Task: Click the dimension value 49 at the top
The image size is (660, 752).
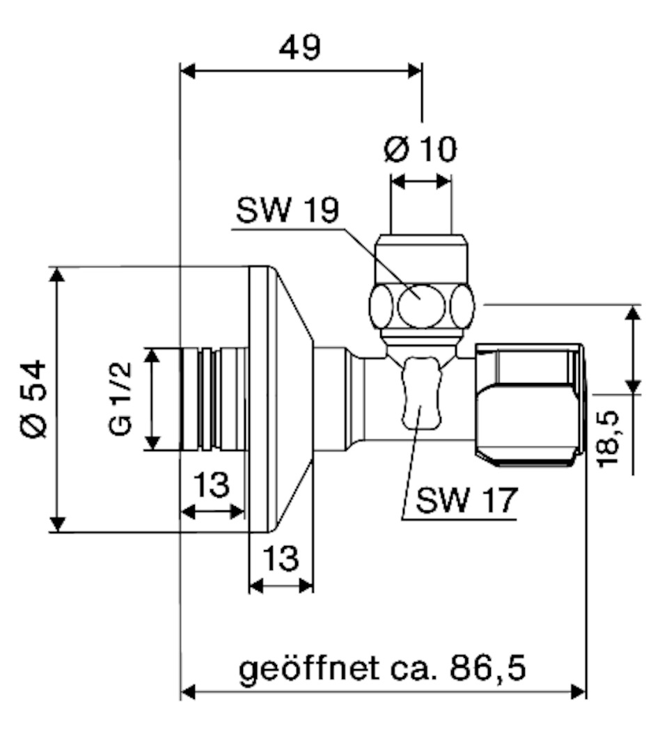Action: (x=300, y=47)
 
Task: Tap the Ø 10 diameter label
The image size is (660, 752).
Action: (x=421, y=149)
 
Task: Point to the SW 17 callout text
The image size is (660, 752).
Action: (x=466, y=500)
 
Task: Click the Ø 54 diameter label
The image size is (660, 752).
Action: (x=34, y=399)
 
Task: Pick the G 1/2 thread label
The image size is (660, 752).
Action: (x=120, y=398)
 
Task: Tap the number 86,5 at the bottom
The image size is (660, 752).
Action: (x=487, y=668)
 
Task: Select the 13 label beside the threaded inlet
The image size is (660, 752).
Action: (x=212, y=485)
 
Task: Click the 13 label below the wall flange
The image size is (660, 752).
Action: (x=281, y=558)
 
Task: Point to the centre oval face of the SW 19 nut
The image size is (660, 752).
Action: (x=422, y=306)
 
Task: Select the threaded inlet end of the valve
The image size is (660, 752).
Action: (x=214, y=399)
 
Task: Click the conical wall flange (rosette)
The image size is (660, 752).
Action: (x=281, y=399)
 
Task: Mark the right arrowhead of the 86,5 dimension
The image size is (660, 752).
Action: (x=579, y=692)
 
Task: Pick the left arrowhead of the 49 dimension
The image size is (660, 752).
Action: (x=188, y=71)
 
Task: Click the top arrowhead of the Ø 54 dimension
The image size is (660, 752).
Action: (x=57, y=275)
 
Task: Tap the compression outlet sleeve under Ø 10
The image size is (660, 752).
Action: (x=421, y=258)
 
